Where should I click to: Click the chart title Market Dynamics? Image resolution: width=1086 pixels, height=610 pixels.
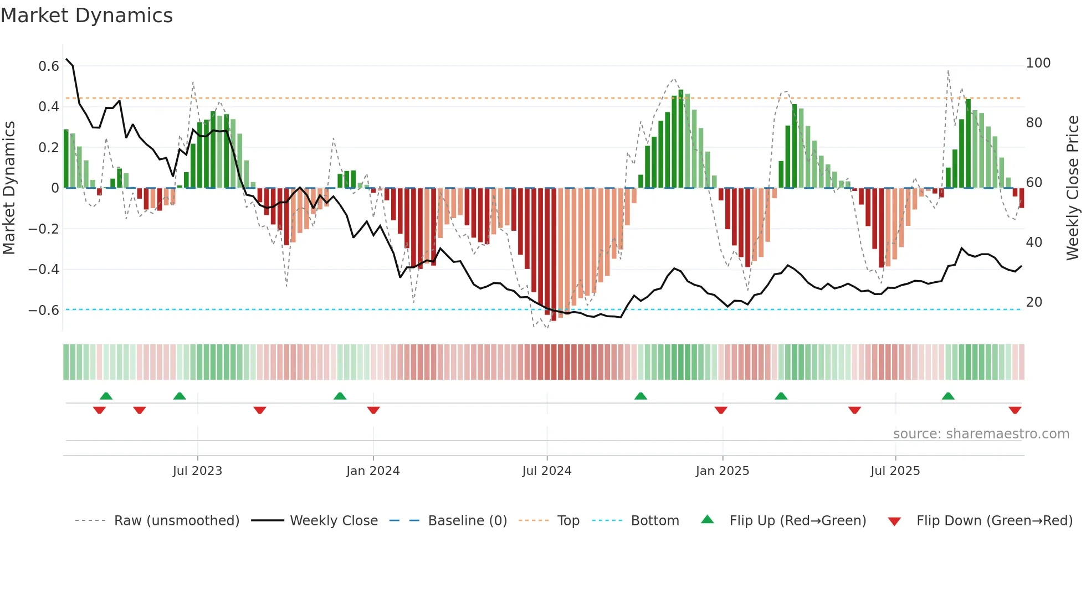(x=86, y=15)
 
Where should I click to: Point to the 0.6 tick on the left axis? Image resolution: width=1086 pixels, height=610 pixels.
(x=49, y=66)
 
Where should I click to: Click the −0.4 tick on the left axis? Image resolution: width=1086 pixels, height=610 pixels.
(x=44, y=270)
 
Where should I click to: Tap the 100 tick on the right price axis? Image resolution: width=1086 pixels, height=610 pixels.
(x=1038, y=63)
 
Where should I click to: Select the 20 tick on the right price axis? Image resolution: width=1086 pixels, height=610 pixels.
(x=1034, y=302)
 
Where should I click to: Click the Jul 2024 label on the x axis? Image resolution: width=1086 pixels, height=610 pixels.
(x=546, y=471)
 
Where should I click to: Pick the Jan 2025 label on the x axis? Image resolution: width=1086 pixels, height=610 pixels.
(x=722, y=471)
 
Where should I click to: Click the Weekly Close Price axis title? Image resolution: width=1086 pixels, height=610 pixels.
(x=1073, y=188)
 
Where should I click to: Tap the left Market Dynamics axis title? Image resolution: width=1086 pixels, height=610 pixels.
(x=9, y=188)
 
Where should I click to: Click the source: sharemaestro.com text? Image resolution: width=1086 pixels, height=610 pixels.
(x=981, y=434)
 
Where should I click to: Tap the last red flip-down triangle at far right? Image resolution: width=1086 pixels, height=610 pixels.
(x=1015, y=410)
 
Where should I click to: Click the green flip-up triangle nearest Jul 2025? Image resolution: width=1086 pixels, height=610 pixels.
(x=948, y=396)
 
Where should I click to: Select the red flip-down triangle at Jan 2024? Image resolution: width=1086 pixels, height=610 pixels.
(x=373, y=410)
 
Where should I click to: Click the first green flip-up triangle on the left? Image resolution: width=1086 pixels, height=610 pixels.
(x=106, y=396)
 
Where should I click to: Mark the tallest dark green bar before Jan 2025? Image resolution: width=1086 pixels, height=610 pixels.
(x=680, y=138)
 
